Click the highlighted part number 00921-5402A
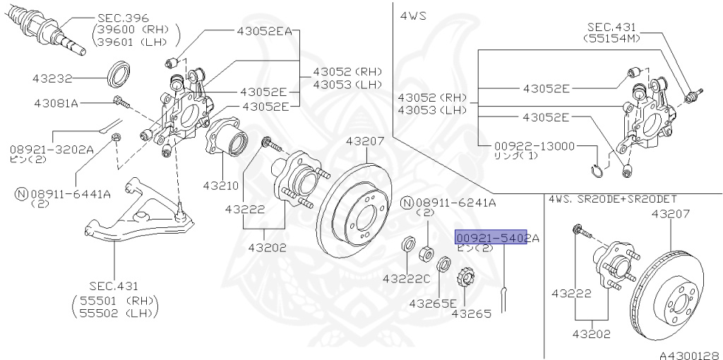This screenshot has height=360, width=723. click(496, 239)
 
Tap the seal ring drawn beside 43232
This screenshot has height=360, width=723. click(118, 72)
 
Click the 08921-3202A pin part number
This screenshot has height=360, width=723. click(52, 150)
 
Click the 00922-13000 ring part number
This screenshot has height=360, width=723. click(535, 146)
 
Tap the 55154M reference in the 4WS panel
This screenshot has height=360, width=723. click(611, 38)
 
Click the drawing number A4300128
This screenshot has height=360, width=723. click(688, 353)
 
